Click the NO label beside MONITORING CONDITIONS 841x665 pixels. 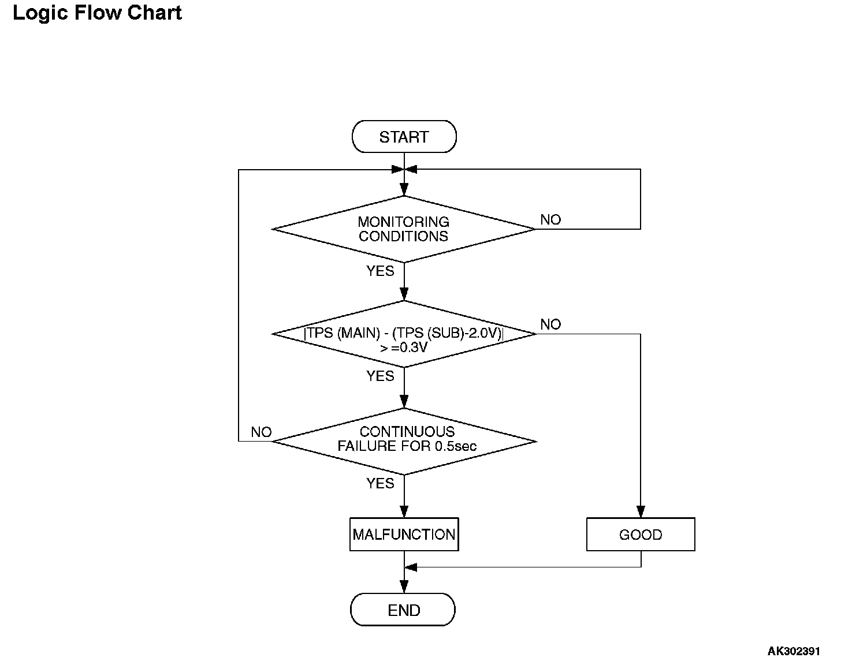550,219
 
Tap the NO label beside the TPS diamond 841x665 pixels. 550,324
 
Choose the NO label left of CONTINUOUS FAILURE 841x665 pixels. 261,432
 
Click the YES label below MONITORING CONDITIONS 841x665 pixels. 380,271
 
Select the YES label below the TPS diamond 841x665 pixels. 380,376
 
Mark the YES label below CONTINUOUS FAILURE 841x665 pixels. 380,483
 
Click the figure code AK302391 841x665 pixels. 793,651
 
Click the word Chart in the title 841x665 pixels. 154,13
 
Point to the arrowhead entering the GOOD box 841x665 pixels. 641,512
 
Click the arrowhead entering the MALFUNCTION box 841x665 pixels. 404,512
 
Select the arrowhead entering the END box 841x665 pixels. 404,587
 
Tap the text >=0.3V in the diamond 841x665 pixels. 404,348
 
